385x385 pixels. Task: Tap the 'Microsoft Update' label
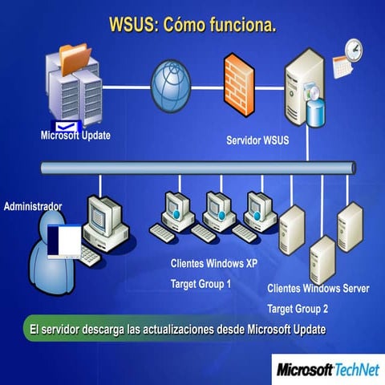[x=75, y=135]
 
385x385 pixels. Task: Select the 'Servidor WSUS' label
[x=258, y=141]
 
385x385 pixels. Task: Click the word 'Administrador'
[x=33, y=206]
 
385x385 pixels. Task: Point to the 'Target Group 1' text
[x=201, y=284]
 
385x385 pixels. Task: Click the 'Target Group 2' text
[x=298, y=308]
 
